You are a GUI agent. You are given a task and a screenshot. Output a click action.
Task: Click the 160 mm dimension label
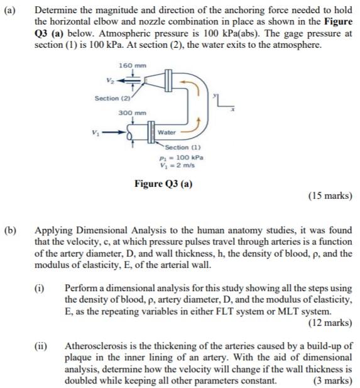click(129, 67)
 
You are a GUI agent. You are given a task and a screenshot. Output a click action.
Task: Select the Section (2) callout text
click(111, 98)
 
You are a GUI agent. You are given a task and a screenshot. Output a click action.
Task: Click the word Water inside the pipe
click(166, 133)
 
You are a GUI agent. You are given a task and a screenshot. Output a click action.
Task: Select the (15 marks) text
click(330, 196)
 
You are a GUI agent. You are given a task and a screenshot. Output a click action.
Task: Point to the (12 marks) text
click(330, 324)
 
